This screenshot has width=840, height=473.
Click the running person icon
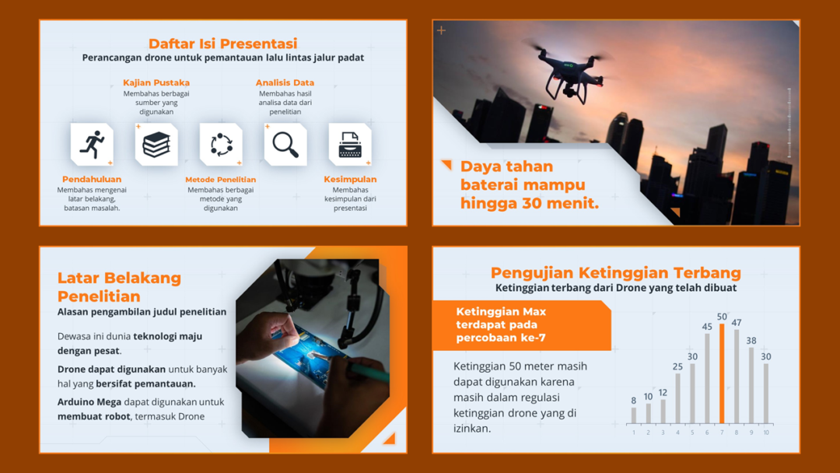pyautogui.click(x=92, y=145)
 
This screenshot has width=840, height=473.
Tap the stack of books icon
pyautogui.click(x=156, y=145)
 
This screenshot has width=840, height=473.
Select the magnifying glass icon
pyautogui.click(x=285, y=145)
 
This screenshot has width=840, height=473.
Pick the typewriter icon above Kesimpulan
pyautogui.click(x=350, y=145)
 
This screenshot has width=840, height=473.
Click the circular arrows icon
pyautogui.click(x=221, y=145)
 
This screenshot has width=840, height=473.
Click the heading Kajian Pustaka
pyautogui.click(x=156, y=82)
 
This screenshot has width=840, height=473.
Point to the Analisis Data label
pyautogui.click(x=285, y=82)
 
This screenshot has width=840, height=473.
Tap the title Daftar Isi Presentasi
pyautogui.click(x=222, y=44)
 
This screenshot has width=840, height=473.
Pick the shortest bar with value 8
pyautogui.click(x=633, y=415)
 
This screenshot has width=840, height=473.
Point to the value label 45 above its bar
pyautogui.click(x=707, y=327)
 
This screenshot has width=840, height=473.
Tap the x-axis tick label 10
pyautogui.click(x=766, y=433)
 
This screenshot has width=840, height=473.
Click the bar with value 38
pyautogui.click(x=751, y=385)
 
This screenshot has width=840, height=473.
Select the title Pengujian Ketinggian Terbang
pyautogui.click(x=615, y=272)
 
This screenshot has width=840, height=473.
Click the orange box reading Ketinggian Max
pyautogui.click(x=522, y=326)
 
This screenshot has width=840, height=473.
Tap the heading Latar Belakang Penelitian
pyautogui.click(x=119, y=286)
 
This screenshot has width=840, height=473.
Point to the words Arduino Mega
pyautogui.click(x=85, y=402)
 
